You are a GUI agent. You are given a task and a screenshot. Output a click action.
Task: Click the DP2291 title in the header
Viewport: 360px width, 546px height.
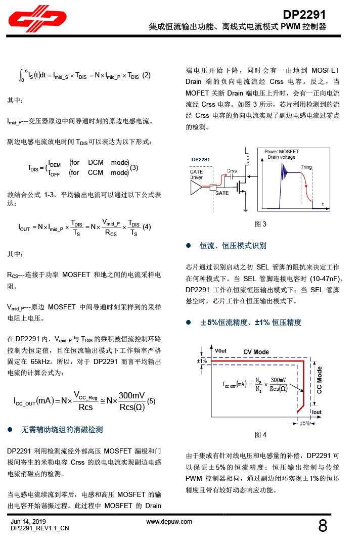[304, 15]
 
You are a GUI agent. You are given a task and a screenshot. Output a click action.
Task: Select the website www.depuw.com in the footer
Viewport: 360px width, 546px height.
[169, 521]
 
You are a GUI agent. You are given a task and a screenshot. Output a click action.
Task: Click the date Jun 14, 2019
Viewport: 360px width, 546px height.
[28, 521]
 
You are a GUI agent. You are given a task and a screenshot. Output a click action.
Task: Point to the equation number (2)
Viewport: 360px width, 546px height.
[147, 75]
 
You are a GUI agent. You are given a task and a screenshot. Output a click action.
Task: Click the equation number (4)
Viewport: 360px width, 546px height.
[147, 226]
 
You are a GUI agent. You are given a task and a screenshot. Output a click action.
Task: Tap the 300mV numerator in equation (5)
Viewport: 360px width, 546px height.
[132, 395]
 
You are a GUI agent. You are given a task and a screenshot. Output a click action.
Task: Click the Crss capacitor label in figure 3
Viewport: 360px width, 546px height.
[232, 171]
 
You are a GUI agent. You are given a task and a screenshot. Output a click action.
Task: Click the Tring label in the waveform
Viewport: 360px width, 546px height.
[307, 167]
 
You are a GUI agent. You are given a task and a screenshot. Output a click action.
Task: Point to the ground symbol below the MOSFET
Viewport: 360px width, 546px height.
[246, 209]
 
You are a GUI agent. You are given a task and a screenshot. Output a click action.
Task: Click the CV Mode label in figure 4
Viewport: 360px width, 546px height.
[256, 352]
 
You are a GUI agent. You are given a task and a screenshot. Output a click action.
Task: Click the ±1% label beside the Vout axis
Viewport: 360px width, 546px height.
[202, 361]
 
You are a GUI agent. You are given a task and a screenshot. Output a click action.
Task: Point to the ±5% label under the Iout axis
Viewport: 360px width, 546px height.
[305, 423]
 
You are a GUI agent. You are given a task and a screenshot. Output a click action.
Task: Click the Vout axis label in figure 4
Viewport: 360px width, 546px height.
[221, 350]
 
